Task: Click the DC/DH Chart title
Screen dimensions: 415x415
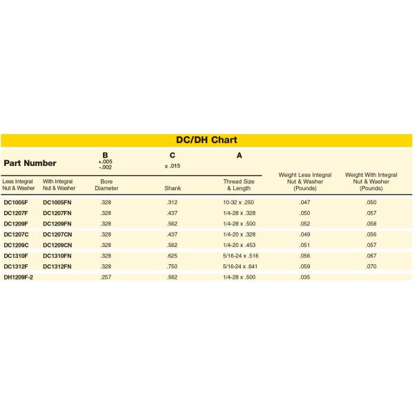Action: click(x=207, y=140)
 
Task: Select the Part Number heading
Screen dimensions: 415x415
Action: click(x=30, y=163)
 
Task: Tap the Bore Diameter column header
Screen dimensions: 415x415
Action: click(x=106, y=185)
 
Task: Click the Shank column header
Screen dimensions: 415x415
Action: click(x=172, y=187)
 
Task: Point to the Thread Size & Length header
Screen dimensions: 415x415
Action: click(x=239, y=185)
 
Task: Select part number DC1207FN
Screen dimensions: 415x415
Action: click(x=57, y=213)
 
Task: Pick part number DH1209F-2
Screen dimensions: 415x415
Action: click(x=19, y=277)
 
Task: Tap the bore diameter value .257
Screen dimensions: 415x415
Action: click(x=106, y=277)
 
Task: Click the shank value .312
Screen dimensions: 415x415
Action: click(x=172, y=202)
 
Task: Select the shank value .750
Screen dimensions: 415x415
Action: click(x=172, y=266)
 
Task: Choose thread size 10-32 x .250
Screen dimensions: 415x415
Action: click(x=239, y=202)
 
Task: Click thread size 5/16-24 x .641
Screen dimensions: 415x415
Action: click(x=239, y=266)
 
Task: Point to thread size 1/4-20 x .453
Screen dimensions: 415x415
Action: click(x=239, y=245)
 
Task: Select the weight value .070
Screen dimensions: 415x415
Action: click(x=371, y=266)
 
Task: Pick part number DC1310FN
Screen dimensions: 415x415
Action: click(x=57, y=256)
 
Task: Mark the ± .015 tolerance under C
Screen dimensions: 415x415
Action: click(x=172, y=166)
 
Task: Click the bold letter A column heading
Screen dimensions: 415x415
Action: click(x=239, y=156)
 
